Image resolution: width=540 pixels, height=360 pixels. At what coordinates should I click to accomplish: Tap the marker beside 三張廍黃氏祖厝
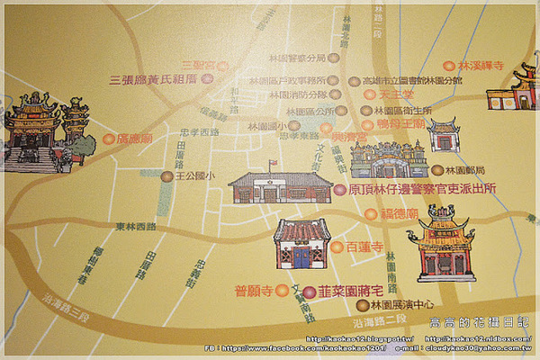click(208, 79)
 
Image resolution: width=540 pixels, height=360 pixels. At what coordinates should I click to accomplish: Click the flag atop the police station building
click(272, 165)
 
